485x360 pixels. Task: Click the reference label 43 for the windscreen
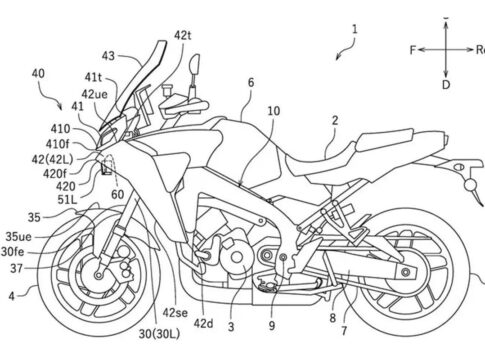coord(108,56)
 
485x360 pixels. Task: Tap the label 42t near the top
coord(183,35)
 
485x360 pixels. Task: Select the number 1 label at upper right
coord(355,29)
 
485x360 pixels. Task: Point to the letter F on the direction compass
coord(413,50)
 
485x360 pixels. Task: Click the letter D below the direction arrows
coord(446,85)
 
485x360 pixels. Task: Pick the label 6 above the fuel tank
coord(251,82)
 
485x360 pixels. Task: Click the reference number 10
coord(274,111)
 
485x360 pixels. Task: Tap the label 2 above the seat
coord(335,120)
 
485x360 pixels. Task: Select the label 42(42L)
coord(52,159)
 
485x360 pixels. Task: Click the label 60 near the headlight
coord(117,194)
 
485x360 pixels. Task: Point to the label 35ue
coord(18,237)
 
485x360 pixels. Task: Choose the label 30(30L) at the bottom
coord(159,334)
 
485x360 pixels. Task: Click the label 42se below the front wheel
coord(175,313)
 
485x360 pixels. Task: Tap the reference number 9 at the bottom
coord(272,326)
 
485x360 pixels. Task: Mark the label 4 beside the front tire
coord(12,296)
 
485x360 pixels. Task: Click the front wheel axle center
coord(98,275)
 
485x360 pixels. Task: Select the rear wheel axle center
coord(405,272)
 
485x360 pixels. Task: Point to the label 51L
coord(67,199)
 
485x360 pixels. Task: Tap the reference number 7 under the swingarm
coord(344,331)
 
